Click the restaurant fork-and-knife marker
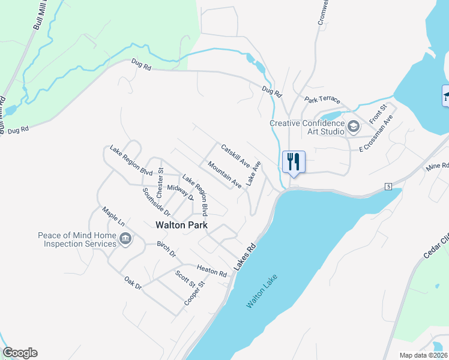click(294, 161)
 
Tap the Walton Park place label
click(181, 226)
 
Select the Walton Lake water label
click(262, 291)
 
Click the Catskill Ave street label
click(235, 155)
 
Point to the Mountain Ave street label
click(224, 175)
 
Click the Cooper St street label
click(194, 292)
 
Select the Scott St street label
click(181, 281)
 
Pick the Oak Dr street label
click(133, 283)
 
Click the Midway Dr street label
click(180, 192)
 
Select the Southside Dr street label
click(156, 202)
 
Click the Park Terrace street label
click(322, 100)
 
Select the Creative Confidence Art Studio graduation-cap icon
click(354, 127)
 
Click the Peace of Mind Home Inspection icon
click(125, 240)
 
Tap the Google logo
click(20, 353)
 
